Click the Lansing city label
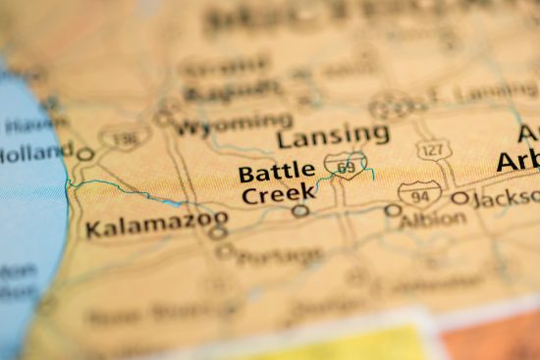pos(333,134)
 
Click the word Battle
pos(277,174)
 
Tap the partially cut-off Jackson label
pos(505,198)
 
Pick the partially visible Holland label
pos(36,152)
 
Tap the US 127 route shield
pos(433,149)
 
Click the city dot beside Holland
pos(85,154)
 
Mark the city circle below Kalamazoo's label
pos(217,233)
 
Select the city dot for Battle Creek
pos(300,210)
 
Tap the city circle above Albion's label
pos(393,210)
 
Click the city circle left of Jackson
pos(459,199)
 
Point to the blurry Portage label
pos(281,257)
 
